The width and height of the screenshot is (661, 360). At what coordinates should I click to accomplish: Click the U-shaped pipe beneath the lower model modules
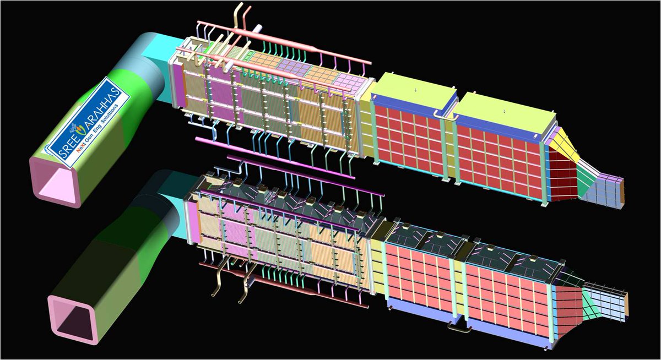click(459, 328)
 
